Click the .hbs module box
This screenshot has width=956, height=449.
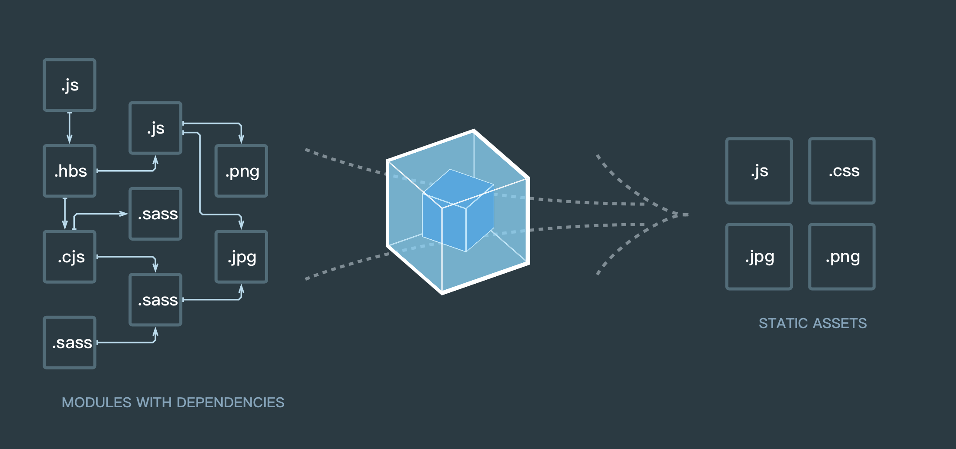tap(70, 171)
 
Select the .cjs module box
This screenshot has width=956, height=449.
tap(70, 257)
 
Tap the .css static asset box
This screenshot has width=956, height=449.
tap(842, 171)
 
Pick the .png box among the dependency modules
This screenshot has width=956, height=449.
tap(241, 171)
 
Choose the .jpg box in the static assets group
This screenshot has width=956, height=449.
tap(759, 257)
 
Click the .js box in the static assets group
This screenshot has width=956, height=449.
tap(759, 171)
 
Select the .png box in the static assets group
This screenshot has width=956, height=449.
tap(842, 257)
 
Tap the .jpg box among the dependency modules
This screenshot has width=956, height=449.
tap(241, 257)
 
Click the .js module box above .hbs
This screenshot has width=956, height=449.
tap(70, 85)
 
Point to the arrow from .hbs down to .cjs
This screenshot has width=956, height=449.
tap(65, 214)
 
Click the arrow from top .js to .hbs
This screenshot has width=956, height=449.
tap(69, 128)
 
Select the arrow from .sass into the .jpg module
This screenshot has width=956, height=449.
tap(213, 299)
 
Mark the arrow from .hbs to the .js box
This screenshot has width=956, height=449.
tap(126, 171)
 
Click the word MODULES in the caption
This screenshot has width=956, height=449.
tap(96, 402)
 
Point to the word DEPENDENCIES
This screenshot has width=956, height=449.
tap(230, 402)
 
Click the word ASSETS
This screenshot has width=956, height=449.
tap(840, 323)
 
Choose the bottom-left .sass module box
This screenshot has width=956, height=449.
tap(70, 342)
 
